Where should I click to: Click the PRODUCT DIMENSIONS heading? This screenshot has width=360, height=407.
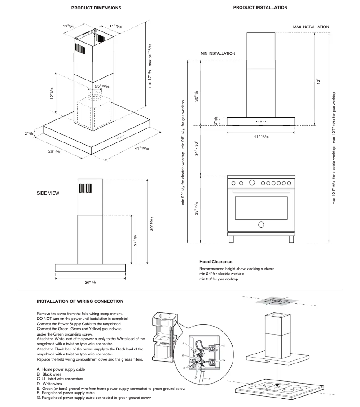[96, 8]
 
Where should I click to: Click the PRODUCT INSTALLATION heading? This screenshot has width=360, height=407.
[260, 8]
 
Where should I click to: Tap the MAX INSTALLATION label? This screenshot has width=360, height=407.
[311, 27]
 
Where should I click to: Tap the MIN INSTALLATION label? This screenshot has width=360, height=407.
[218, 53]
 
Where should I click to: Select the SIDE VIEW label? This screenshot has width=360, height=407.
[48, 193]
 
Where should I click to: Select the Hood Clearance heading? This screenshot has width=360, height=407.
[216, 261]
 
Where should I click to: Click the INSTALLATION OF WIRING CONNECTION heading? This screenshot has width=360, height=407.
[80, 301]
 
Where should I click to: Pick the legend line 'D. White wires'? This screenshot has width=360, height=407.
[50, 384]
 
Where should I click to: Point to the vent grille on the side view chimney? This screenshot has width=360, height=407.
[85, 186]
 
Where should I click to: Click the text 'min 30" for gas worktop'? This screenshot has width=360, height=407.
[219, 279]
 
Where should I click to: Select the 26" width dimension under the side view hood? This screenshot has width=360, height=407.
[89, 283]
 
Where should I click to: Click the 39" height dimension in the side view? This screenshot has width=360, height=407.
[152, 223]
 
